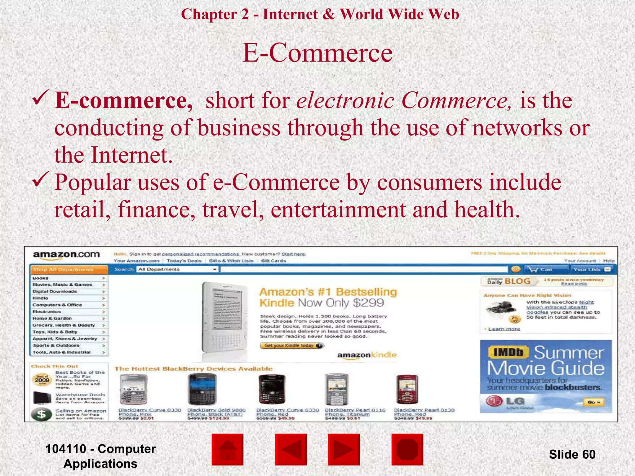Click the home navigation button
coord(228,449)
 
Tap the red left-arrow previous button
coord(291,449)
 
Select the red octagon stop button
coord(407,449)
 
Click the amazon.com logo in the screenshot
coord(66,255)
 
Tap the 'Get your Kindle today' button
coord(292,346)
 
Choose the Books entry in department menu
coord(41,278)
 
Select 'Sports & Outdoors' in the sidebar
coord(56,345)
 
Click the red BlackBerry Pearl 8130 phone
coord(407,389)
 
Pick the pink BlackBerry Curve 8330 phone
coord(133,389)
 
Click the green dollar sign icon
coord(42,414)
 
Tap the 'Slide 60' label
coord(572,454)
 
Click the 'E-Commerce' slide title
coord(317,53)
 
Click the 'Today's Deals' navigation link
coord(184,261)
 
